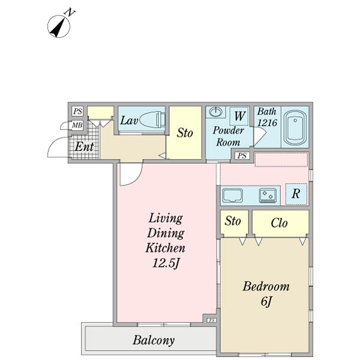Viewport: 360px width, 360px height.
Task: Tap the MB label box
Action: (x=77, y=125)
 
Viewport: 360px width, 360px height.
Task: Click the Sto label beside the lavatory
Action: (x=185, y=133)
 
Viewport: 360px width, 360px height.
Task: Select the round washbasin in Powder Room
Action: (x=216, y=112)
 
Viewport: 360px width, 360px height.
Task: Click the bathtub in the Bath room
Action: (x=294, y=127)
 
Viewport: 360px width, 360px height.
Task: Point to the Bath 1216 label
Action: (x=267, y=117)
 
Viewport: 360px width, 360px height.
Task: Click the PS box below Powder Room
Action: (x=242, y=156)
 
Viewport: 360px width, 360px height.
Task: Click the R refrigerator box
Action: (x=296, y=194)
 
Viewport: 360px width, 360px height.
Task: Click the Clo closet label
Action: (x=279, y=223)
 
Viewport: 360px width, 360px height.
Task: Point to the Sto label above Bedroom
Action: (x=233, y=221)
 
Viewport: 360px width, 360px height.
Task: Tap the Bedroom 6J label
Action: (x=266, y=294)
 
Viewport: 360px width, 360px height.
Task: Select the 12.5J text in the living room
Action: (x=166, y=262)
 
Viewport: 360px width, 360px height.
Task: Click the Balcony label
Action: (x=154, y=340)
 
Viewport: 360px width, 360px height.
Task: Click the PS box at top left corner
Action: (x=77, y=111)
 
